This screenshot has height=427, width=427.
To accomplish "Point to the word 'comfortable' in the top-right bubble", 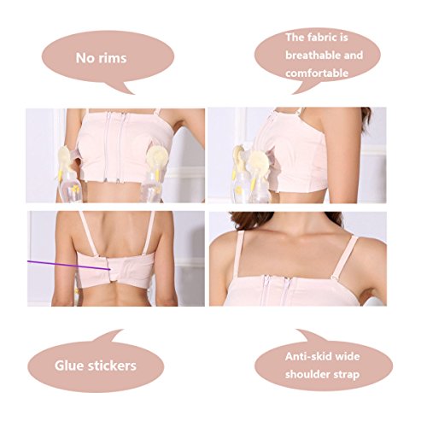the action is (x=317, y=73).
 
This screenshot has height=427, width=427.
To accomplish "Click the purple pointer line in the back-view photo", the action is (x=69, y=265).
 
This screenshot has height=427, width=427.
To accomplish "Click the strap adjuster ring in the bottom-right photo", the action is (x=333, y=277).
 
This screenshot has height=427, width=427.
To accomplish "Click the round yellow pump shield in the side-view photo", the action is (x=258, y=161).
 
